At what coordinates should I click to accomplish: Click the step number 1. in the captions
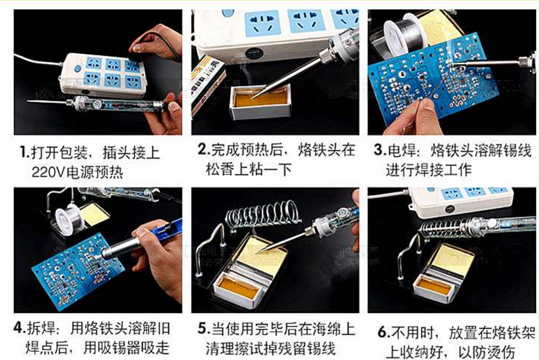click(x=24, y=152)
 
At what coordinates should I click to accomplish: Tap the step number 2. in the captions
click(x=204, y=150)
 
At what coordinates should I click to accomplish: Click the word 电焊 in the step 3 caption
click(x=405, y=151)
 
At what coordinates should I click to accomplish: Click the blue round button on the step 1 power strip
click(x=77, y=68)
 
